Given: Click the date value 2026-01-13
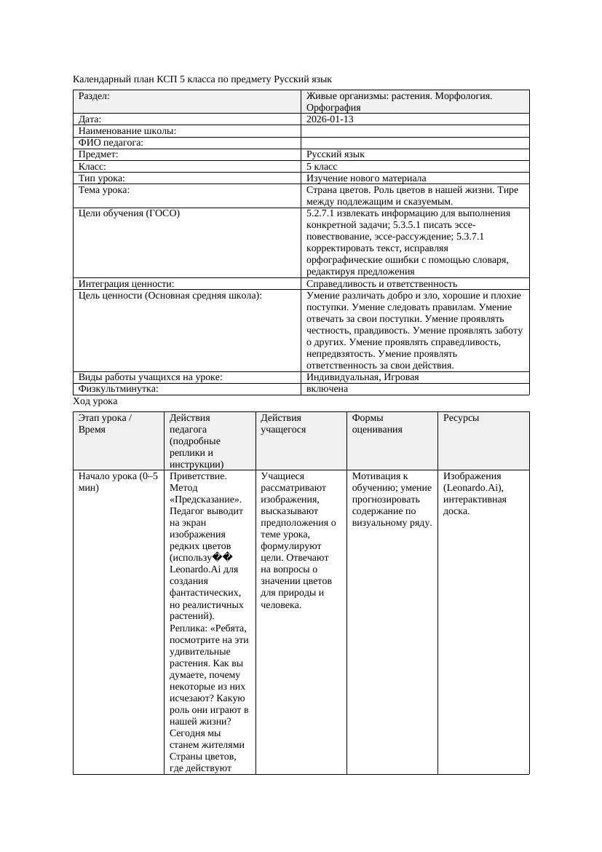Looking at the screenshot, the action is [x=330, y=119].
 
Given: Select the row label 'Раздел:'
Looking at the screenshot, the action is [x=94, y=95].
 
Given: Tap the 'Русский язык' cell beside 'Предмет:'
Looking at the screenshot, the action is [x=336, y=154].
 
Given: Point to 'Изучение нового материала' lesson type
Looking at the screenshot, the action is [x=366, y=178].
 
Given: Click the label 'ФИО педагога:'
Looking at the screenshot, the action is [x=111, y=143].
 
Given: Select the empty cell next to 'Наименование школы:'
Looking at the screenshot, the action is [x=414, y=131].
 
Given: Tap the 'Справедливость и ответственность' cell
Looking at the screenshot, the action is [x=381, y=283].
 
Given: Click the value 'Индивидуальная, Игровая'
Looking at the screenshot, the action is [x=363, y=377].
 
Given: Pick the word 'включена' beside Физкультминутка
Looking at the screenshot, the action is [x=327, y=389].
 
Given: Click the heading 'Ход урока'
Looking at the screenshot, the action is [x=95, y=401].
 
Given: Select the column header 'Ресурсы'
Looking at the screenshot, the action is [x=462, y=418].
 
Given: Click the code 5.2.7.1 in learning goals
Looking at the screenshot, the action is [x=321, y=213].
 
